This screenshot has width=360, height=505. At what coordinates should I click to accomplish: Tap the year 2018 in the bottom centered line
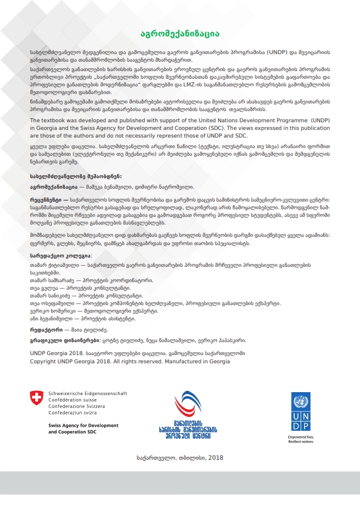(215, 457)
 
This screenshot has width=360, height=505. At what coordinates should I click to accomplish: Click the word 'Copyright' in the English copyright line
(45, 362)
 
